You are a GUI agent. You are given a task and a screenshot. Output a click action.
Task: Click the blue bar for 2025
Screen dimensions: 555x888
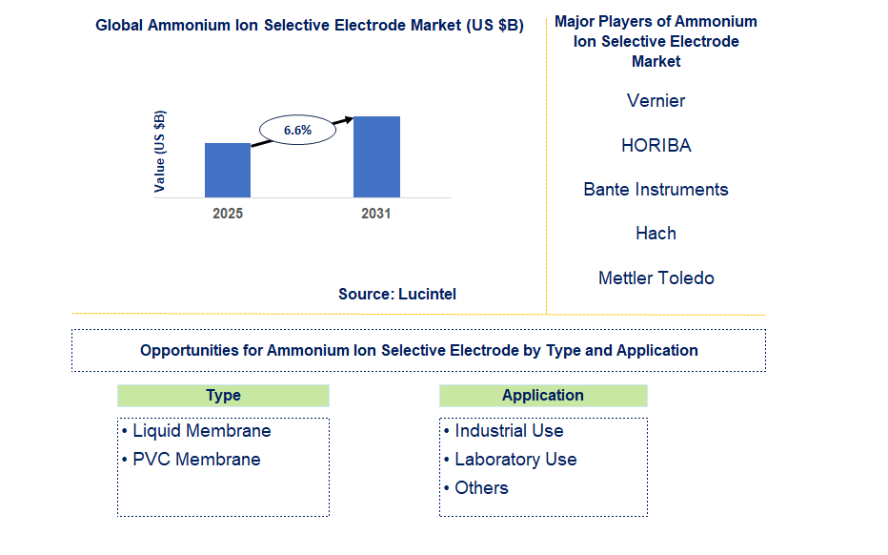coord(228,171)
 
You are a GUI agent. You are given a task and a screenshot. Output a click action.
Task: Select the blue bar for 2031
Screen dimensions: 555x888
coord(376,157)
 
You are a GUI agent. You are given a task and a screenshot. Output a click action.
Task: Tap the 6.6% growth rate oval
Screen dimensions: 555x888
coord(297,130)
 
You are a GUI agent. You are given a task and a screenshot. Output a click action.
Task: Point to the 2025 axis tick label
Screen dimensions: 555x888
coord(228,214)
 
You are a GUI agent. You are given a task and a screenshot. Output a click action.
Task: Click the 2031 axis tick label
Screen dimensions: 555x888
coord(376,214)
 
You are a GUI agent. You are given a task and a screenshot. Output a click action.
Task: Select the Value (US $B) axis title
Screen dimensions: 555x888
coord(160,152)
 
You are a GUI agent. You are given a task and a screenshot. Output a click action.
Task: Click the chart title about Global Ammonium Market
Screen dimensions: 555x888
coord(310,26)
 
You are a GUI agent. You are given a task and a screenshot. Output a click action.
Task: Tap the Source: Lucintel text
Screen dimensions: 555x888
coord(397,294)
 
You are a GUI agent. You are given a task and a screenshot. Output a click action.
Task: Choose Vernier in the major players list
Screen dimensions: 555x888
coord(656,101)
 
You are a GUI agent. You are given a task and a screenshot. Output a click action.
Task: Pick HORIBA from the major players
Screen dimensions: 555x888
coord(656,146)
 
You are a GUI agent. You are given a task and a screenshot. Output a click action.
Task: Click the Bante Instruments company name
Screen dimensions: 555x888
coord(656,190)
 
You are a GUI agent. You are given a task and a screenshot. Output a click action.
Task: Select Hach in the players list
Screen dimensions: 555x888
coord(656,234)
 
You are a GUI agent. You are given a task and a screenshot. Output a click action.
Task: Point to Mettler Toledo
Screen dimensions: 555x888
coord(656,278)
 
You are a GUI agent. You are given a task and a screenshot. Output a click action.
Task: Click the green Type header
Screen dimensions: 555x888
coord(223,396)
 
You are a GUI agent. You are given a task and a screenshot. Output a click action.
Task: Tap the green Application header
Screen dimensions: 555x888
coord(543,396)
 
